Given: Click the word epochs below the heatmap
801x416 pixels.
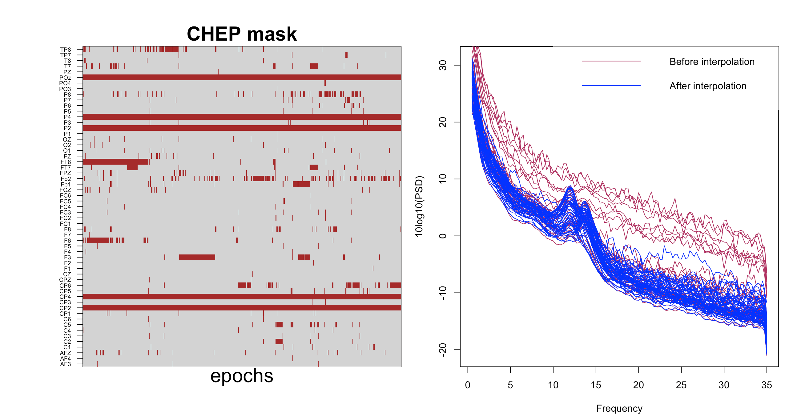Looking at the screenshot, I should (x=242, y=376).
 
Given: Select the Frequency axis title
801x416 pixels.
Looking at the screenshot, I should (x=619, y=408).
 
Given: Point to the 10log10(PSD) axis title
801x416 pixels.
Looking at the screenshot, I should (x=420, y=206).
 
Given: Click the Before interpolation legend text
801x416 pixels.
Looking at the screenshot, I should (x=712, y=62).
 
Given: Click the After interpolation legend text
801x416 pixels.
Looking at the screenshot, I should (x=708, y=86).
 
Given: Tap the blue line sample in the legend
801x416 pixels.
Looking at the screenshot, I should (x=611, y=86).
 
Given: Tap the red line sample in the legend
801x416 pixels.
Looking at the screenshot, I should (x=611, y=61).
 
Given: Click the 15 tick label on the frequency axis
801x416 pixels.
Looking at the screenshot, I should (x=595, y=385).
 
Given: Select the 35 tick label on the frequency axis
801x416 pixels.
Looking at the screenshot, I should (x=767, y=385).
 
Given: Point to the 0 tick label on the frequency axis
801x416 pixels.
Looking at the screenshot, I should (x=467, y=385).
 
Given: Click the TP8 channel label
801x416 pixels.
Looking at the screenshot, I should (x=66, y=50).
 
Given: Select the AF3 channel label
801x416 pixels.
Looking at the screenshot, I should (x=66, y=364).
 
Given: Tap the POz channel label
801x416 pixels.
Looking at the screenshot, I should (x=65, y=78).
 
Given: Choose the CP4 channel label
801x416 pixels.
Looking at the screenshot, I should (x=65, y=297).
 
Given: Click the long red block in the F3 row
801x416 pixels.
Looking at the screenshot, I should (x=197, y=258).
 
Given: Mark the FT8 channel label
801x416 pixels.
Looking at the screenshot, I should (x=66, y=162).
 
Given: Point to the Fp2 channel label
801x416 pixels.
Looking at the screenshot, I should (x=66, y=179).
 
